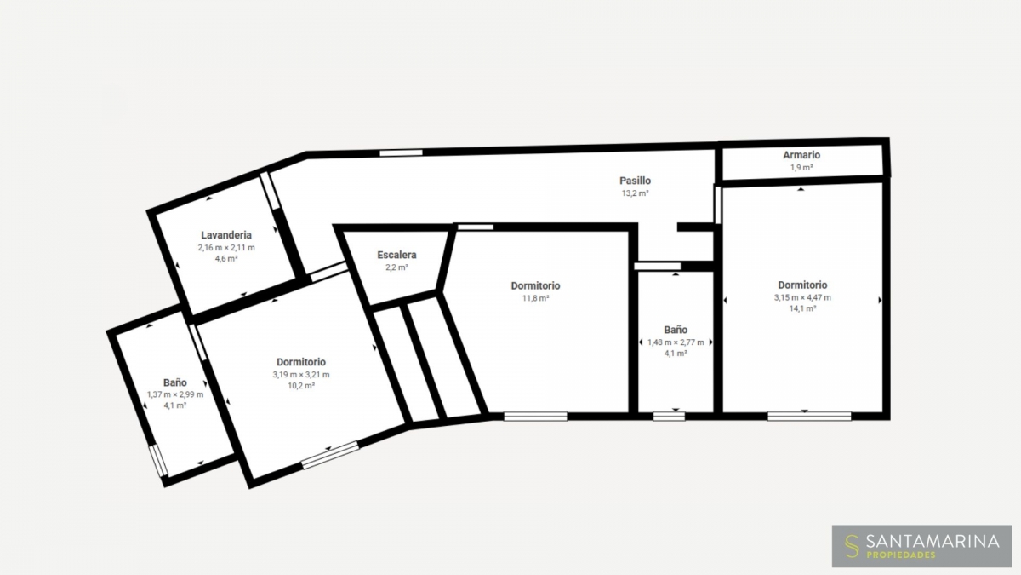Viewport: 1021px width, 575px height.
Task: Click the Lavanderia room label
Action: [x=226, y=235]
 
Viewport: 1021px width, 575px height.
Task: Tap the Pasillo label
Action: [x=635, y=181]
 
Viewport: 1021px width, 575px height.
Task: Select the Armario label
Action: [x=801, y=155]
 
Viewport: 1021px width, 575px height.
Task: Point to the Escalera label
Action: [x=396, y=255]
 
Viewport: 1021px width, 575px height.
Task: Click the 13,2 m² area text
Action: [x=635, y=193]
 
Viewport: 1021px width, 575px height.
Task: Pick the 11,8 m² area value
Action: [x=535, y=298]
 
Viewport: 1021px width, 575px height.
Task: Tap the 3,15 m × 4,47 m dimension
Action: [x=802, y=297]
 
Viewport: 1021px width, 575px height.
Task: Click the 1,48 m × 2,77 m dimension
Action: [x=676, y=342]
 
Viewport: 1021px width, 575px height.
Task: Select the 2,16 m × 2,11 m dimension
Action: [x=226, y=248]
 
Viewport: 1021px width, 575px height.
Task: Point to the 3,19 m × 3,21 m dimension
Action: [x=301, y=375]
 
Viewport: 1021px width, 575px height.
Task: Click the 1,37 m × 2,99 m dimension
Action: [x=175, y=394]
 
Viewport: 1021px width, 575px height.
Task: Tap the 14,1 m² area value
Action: [x=802, y=308]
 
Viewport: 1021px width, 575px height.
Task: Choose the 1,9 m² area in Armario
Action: [x=801, y=168]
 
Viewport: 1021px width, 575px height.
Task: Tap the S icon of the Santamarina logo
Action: [x=851, y=546]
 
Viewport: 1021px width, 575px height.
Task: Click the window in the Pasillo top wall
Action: [x=401, y=152]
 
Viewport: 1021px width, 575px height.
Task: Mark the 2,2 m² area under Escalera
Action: [x=396, y=267]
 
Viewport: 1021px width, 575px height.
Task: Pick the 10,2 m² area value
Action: [x=301, y=386]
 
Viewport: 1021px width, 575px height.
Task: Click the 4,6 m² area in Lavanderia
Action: [x=226, y=259]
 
